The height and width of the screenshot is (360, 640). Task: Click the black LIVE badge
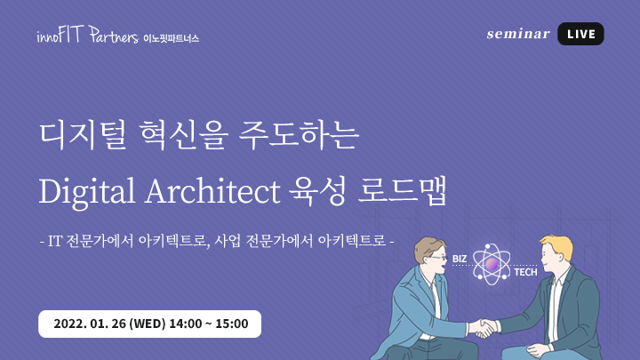[x=580, y=34]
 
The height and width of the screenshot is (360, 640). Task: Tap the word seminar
[x=518, y=34]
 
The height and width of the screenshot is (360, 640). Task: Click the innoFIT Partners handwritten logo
[x=87, y=35]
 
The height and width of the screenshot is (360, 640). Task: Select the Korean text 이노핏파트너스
[x=171, y=38]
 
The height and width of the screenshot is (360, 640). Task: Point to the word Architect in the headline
[x=212, y=191]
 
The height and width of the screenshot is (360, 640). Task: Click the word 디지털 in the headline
[x=82, y=135]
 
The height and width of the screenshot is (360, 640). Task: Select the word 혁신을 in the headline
[x=181, y=135]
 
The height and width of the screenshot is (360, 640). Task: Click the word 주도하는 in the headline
[x=299, y=135]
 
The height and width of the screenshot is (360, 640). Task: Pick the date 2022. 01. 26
[x=90, y=324]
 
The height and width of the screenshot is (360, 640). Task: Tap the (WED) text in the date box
[x=148, y=324]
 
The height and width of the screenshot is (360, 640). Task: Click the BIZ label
[x=460, y=259]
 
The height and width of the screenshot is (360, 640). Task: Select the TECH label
[x=525, y=272]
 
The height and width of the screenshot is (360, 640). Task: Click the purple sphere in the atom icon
[x=492, y=265]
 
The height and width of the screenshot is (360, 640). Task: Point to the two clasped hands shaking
[x=484, y=328]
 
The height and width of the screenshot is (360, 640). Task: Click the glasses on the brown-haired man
[x=437, y=258]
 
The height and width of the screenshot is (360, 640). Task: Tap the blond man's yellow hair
[x=558, y=245]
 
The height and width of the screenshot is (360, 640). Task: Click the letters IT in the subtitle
[x=55, y=241]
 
